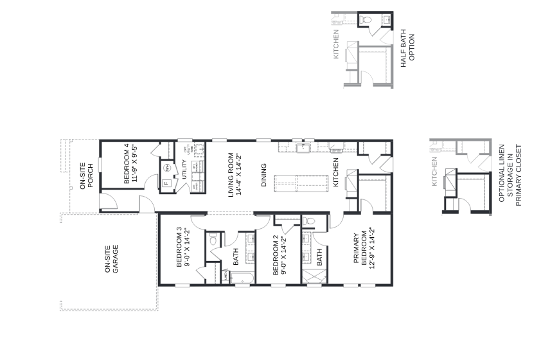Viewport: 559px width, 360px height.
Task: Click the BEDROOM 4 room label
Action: point(131,164)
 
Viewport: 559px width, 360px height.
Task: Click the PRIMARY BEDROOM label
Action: point(364,249)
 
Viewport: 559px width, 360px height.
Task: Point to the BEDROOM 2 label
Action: point(279,255)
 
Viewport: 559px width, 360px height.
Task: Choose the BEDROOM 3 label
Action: point(182,247)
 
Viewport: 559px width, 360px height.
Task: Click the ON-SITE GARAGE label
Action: point(111,258)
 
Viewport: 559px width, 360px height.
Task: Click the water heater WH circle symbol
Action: point(166,168)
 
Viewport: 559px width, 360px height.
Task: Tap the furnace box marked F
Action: point(166,183)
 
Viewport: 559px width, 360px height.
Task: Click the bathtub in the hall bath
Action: point(238,278)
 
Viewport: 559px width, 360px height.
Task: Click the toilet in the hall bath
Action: point(213,240)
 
